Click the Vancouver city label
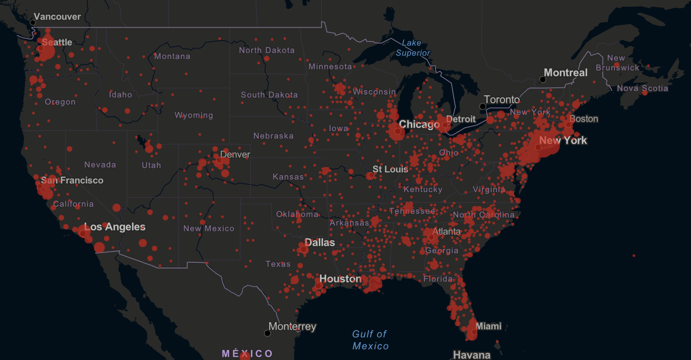click(57, 17)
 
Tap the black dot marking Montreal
click(543, 80)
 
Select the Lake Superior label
click(413, 48)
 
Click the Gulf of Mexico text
click(370, 340)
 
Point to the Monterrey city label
click(293, 326)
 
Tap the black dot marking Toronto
click(483, 107)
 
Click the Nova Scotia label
click(642, 88)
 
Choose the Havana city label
click(472, 355)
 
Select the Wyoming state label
click(194, 115)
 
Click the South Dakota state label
click(269, 95)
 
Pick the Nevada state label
click(100, 165)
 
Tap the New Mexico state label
click(208, 228)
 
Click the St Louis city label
click(390, 169)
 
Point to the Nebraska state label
click(273, 136)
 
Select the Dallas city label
click(320, 242)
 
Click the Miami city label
click(488, 326)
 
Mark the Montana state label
click(172, 56)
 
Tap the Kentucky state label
click(422, 189)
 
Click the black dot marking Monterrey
click(267, 333)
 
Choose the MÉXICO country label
click(247, 353)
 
